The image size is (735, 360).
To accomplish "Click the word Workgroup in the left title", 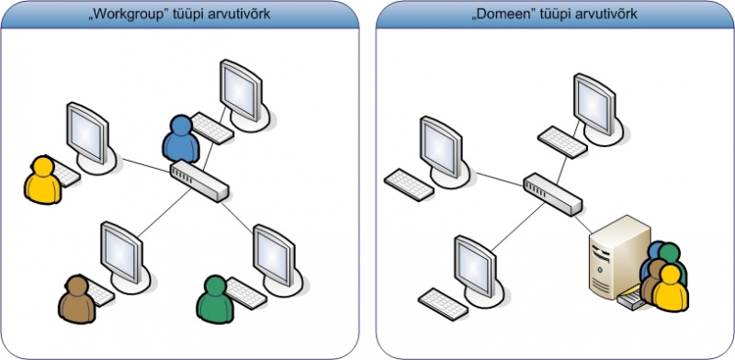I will coord(109,14).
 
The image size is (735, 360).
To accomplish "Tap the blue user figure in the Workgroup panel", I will coord(179,140).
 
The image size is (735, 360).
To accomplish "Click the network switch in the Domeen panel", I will coord(552,190).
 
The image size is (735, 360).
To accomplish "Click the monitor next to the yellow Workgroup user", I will coord(90,135).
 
